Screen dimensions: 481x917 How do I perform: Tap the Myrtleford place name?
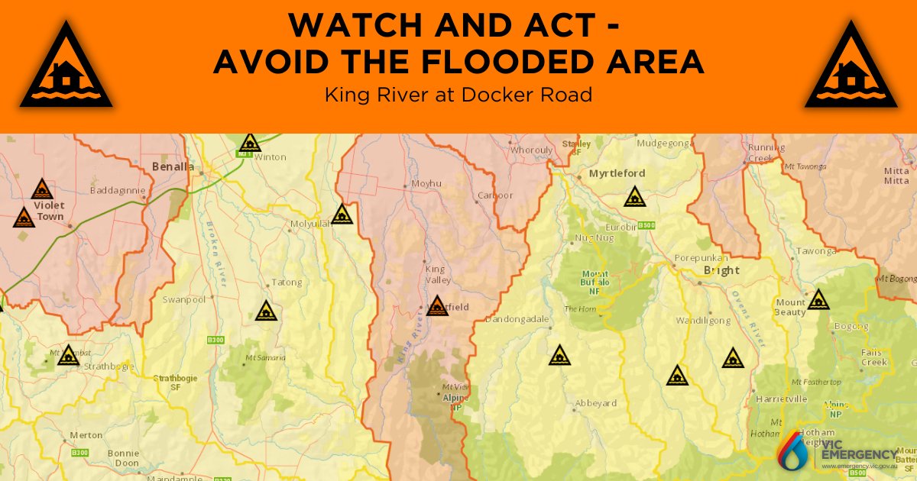click(x=617, y=173)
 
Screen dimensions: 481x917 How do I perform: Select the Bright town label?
click(x=721, y=270)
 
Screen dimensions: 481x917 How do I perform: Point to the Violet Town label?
click(x=50, y=211)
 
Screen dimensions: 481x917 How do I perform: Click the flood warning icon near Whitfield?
click(x=437, y=306)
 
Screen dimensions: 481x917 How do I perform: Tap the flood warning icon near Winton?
click(x=250, y=143)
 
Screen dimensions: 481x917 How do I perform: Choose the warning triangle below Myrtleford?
click(x=633, y=197)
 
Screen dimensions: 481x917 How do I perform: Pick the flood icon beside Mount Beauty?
click(x=818, y=299)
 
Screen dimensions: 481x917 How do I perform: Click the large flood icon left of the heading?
click(x=66, y=66)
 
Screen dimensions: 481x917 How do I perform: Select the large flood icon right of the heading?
click(x=851, y=66)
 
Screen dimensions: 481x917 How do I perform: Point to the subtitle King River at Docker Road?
click(x=458, y=95)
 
